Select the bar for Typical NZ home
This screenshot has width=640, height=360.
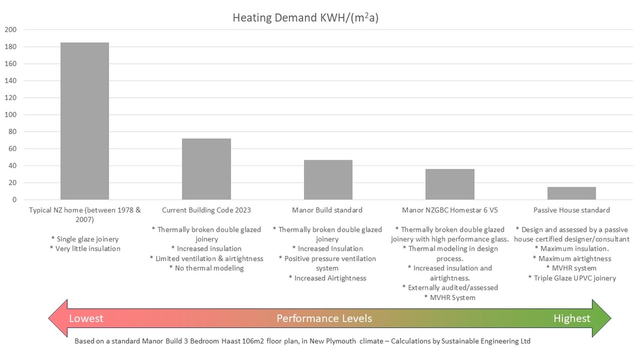pyautogui.click(x=85, y=121)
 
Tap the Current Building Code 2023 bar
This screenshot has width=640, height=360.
pyautogui.click(x=206, y=169)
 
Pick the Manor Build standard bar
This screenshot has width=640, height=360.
pyautogui.click(x=328, y=180)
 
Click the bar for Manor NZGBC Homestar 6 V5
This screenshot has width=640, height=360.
pyautogui.click(x=450, y=184)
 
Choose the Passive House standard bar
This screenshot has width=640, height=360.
pyautogui.click(x=571, y=193)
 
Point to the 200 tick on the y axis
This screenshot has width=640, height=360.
pyautogui.click(x=11, y=30)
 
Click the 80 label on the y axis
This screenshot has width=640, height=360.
pyautogui.click(x=12, y=132)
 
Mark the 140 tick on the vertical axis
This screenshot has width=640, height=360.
pyautogui.click(x=11, y=81)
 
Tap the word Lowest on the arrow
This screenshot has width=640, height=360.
pyautogui.click(x=86, y=318)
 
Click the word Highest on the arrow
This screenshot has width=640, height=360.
pyautogui.click(x=572, y=318)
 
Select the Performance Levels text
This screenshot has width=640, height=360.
pyautogui.click(x=324, y=318)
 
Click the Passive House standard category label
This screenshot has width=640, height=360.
pyautogui.click(x=571, y=210)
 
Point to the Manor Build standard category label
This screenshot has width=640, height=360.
pyautogui.click(x=327, y=210)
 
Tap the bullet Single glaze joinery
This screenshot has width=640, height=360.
pyautogui.click(x=85, y=239)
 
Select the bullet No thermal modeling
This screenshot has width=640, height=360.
pyautogui.click(x=206, y=268)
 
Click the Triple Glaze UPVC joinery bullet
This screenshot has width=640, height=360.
pyautogui.click(x=572, y=278)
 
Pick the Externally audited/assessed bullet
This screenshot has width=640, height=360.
pyautogui.click(x=450, y=288)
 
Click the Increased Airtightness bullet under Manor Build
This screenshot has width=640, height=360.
pyautogui.click(x=327, y=278)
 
